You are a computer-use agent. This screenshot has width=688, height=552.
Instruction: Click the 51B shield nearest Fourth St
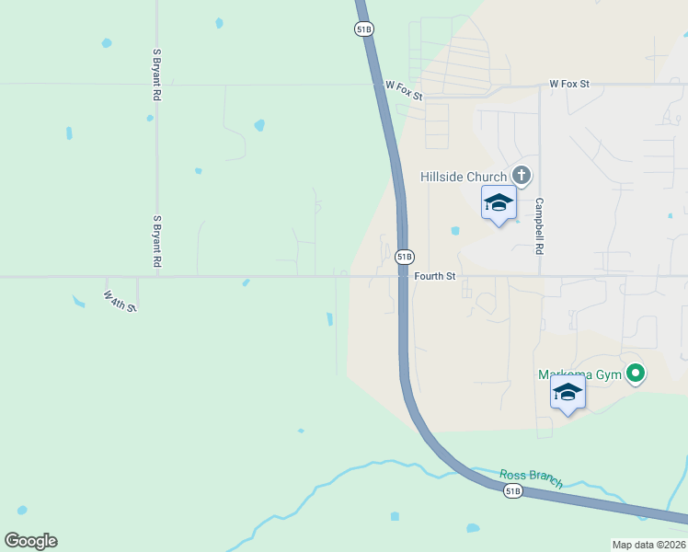(x=405, y=256)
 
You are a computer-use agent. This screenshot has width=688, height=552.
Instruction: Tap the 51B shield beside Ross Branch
(x=513, y=491)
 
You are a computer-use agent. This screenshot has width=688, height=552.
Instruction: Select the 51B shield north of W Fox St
(x=363, y=29)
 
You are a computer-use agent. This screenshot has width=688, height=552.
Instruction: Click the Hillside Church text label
(x=464, y=177)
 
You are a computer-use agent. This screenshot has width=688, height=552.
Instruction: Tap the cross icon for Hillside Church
(x=522, y=175)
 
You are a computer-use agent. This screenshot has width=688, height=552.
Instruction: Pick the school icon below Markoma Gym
(x=568, y=393)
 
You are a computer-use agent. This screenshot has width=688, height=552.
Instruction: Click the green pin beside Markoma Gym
(x=635, y=374)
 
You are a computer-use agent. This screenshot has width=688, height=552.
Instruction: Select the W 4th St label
(x=120, y=302)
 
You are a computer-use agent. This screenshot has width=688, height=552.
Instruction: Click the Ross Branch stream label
(x=531, y=478)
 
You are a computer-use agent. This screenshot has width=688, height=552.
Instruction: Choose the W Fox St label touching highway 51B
(x=404, y=90)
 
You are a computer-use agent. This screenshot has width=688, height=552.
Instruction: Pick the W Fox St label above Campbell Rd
(x=568, y=84)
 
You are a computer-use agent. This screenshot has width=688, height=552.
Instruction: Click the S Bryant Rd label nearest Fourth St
(x=157, y=242)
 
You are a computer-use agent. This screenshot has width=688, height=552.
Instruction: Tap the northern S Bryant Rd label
(x=157, y=74)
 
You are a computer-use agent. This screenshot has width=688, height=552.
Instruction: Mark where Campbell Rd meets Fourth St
(x=540, y=275)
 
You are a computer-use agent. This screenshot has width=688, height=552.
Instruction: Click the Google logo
(x=30, y=541)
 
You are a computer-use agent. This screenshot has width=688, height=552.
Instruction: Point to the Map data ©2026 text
(x=648, y=545)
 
